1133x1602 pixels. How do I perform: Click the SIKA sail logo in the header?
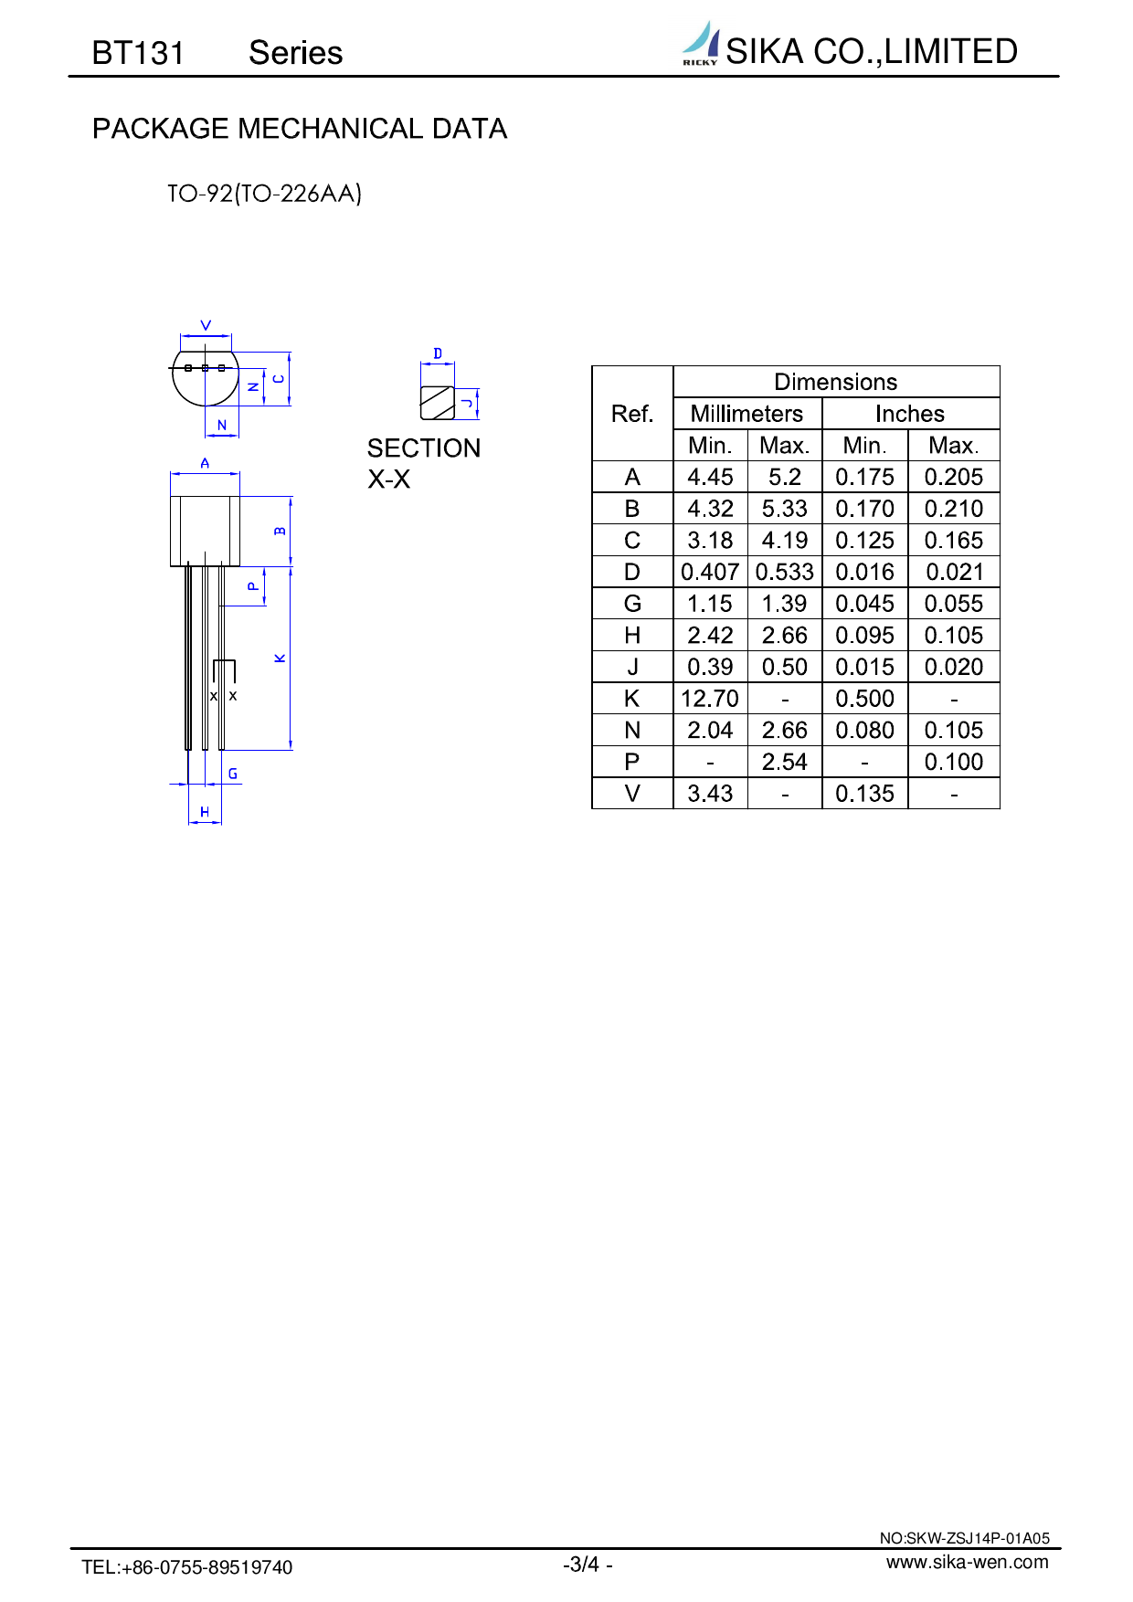(701, 44)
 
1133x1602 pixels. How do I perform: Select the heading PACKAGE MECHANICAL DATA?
(300, 129)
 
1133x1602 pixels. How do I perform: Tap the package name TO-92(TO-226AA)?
(264, 194)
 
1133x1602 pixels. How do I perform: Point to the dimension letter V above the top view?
(206, 325)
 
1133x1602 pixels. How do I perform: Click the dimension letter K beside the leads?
(281, 658)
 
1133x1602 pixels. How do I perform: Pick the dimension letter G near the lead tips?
(233, 774)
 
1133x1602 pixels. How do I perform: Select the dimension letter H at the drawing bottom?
(205, 812)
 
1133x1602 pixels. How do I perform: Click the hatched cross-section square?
(438, 403)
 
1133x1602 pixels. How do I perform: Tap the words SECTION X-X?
(423, 463)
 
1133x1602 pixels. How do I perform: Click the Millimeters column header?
(747, 414)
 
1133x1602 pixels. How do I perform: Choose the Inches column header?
(909, 414)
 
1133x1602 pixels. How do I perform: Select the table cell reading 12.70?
(710, 699)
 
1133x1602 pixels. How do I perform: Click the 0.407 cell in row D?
(710, 572)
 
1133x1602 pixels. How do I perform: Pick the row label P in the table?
(631, 762)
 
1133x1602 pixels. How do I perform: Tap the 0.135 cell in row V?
(864, 794)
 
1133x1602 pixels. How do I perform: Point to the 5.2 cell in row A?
(784, 477)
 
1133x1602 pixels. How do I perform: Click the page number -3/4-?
(588, 1565)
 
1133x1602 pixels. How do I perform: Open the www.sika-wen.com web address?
(967, 1562)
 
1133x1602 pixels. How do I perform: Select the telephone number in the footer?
(187, 1567)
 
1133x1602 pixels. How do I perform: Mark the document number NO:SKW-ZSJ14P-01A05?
(964, 1538)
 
